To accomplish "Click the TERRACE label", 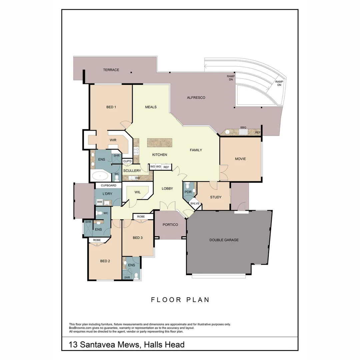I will point(111,70).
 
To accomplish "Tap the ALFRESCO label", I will point(196,98).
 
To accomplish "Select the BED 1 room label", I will point(111,107).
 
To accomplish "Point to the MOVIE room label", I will point(240,159).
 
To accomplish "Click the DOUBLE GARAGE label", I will point(224,240).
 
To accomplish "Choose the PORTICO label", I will point(170,225).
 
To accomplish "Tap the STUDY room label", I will point(216,197).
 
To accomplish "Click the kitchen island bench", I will point(159,143).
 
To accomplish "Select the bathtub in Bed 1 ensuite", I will point(100,176).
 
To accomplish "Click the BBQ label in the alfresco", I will point(243,128).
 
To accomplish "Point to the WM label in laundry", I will point(99,202).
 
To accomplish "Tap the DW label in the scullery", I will point(137,178).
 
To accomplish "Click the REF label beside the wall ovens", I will point(166,167).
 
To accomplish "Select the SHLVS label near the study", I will point(194,203).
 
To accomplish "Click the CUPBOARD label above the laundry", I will point(108,185).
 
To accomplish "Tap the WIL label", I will point(137,192).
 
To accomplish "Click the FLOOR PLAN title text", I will point(180,300).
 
